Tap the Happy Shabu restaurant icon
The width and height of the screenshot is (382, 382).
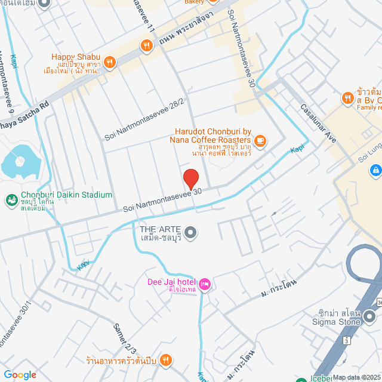(x=109, y=60)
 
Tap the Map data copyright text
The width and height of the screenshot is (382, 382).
(x=356, y=377)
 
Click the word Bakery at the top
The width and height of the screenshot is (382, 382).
(x=194, y=2)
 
